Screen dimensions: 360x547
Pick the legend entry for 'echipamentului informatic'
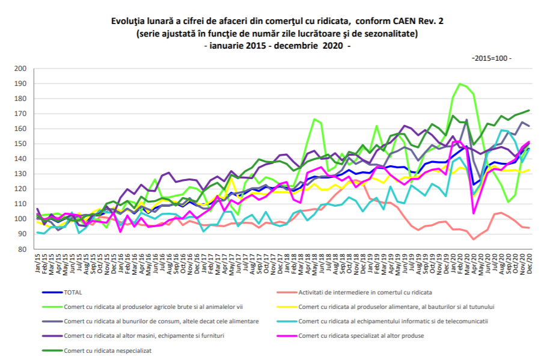tap(393, 321)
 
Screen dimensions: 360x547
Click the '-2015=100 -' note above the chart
tap(491, 58)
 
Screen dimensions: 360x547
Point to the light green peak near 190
tap(460, 84)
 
